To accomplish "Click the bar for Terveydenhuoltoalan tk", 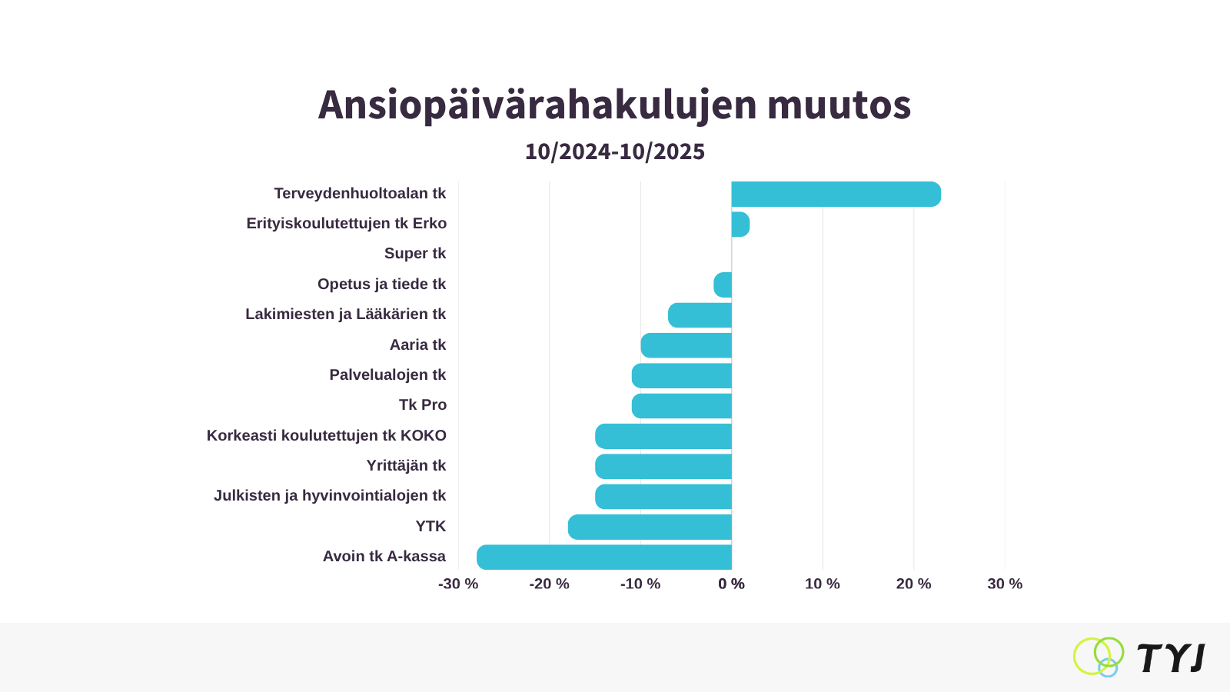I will (x=836, y=195).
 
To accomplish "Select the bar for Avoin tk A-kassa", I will (x=604, y=557).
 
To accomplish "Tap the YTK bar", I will (x=650, y=527).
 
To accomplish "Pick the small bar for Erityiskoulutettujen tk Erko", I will (x=740, y=225).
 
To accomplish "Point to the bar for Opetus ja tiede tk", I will (x=723, y=285).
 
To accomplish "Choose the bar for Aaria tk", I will (x=686, y=345).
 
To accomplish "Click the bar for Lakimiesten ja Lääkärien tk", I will (x=700, y=315).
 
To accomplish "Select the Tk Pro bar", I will (x=681, y=406).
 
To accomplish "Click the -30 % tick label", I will (x=458, y=584).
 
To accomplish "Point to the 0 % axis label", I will (x=731, y=584).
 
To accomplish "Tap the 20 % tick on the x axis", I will (x=913, y=584).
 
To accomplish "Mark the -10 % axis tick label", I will (x=640, y=584).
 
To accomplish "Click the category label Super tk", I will (x=415, y=254).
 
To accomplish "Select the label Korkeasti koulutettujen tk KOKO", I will (x=327, y=436).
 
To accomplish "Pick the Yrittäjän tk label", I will (x=406, y=466).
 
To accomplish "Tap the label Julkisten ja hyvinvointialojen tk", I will (x=330, y=496).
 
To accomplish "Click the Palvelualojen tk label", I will (x=387, y=375).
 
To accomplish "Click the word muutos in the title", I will (x=839, y=105).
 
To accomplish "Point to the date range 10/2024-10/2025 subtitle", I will (x=615, y=151).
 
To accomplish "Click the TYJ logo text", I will (x=1170, y=658).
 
